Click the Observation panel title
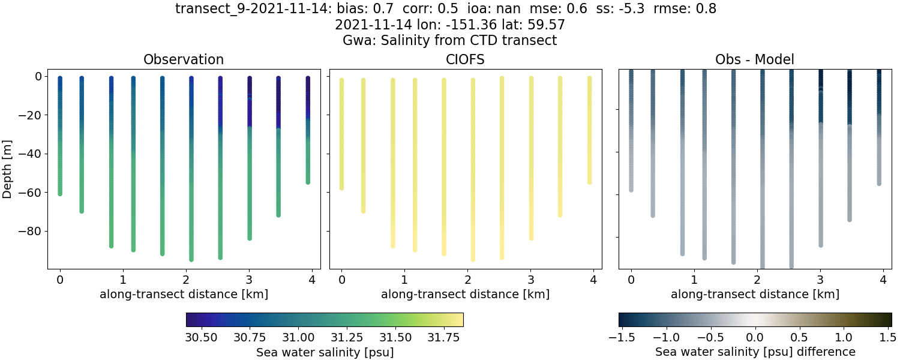(183, 59)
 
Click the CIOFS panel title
(465, 59)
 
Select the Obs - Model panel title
(754, 59)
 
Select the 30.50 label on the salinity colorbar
(201, 338)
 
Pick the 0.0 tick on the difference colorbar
(755, 338)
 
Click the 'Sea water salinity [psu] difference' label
(755, 352)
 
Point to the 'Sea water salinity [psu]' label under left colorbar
(325, 352)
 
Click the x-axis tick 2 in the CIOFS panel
(467, 280)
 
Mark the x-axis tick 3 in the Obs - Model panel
(820, 280)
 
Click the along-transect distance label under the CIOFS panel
(465, 295)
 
